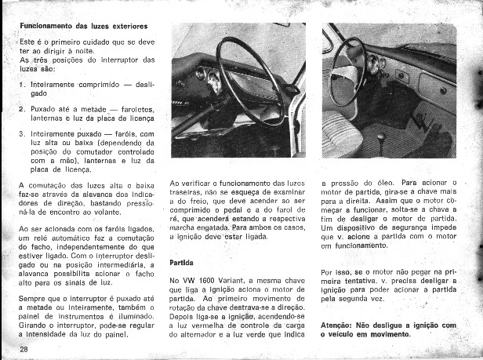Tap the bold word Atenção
340,325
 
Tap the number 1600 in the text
215,279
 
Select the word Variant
246,279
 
